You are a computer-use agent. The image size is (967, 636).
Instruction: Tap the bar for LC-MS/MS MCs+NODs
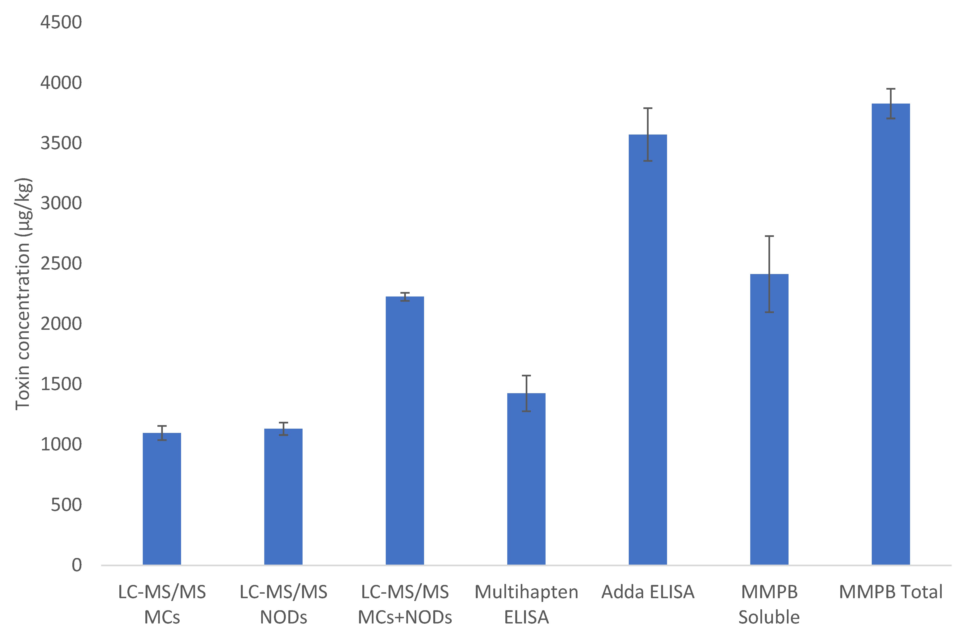click(405, 431)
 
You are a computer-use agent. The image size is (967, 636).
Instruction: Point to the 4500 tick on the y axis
click(61, 22)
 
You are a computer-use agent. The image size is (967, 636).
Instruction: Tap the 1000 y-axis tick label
click(61, 444)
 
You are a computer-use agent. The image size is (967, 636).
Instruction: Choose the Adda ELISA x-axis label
click(648, 592)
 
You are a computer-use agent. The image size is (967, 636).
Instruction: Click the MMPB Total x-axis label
click(891, 592)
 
